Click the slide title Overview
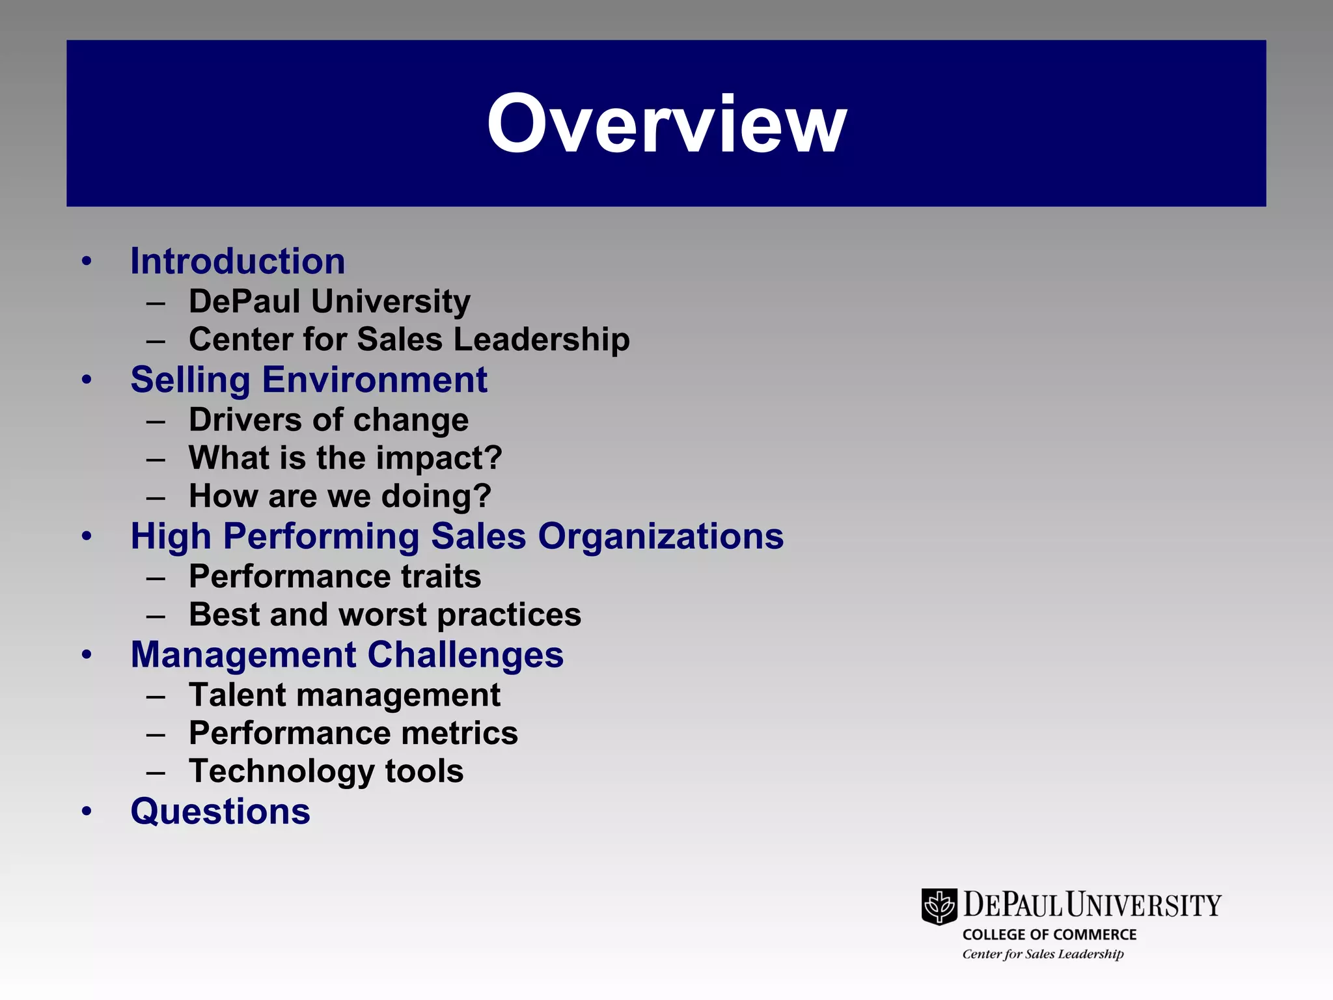point(666,124)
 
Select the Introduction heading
point(238,262)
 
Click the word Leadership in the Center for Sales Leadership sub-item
point(541,340)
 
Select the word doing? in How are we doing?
point(436,497)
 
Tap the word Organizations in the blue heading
point(661,537)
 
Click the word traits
point(441,577)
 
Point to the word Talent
point(237,695)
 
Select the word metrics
point(460,734)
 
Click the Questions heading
point(220,812)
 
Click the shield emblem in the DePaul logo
point(939,906)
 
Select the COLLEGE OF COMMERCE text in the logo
point(1049,935)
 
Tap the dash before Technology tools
point(156,773)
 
